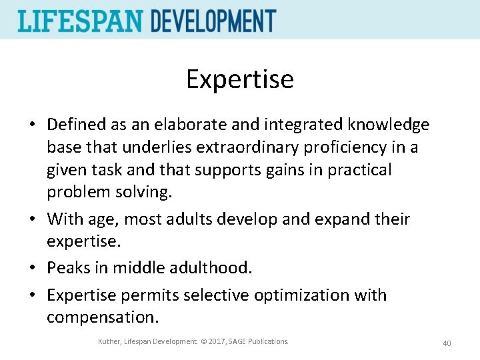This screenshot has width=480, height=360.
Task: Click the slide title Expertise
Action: click(x=239, y=79)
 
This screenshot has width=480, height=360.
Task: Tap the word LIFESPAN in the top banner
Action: click(x=80, y=21)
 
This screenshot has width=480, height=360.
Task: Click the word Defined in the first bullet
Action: click(x=76, y=125)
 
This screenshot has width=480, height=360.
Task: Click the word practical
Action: click(x=359, y=170)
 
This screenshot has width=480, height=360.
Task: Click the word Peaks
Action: click(x=68, y=268)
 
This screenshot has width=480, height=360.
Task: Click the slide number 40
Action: click(x=447, y=343)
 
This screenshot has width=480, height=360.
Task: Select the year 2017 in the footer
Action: click(x=215, y=342)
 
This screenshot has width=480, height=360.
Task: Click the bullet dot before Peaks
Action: click(x=33, y=268)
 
